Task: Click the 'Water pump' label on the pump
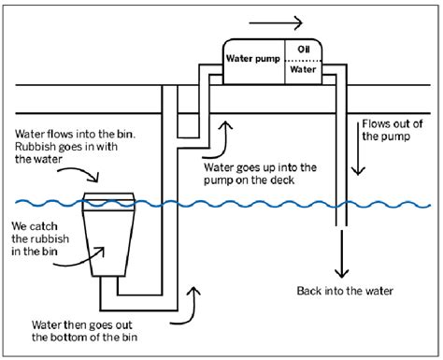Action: point(254,57)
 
